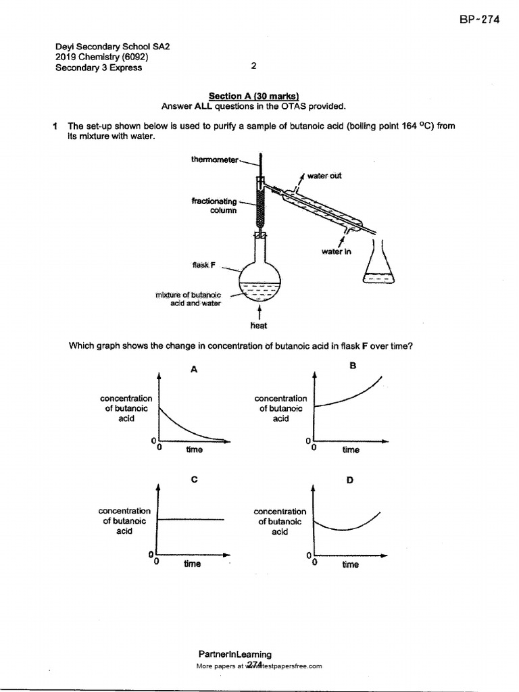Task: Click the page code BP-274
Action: [x=479, y=20]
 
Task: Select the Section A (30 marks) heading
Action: [x=253, y=97]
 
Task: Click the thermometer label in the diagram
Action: [x=214, y=159]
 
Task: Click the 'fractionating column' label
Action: [x=215, y=205]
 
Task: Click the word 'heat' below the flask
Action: [x=259, y=326]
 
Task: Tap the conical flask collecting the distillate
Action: [x=377, y=266]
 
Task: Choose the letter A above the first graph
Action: [x=194, y=369]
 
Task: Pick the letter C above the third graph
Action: [x=194, y=479]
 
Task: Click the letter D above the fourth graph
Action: [x=350, y=480]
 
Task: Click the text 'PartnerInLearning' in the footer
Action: [x=235, y=654]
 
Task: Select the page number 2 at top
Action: [x=253, y=66]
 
